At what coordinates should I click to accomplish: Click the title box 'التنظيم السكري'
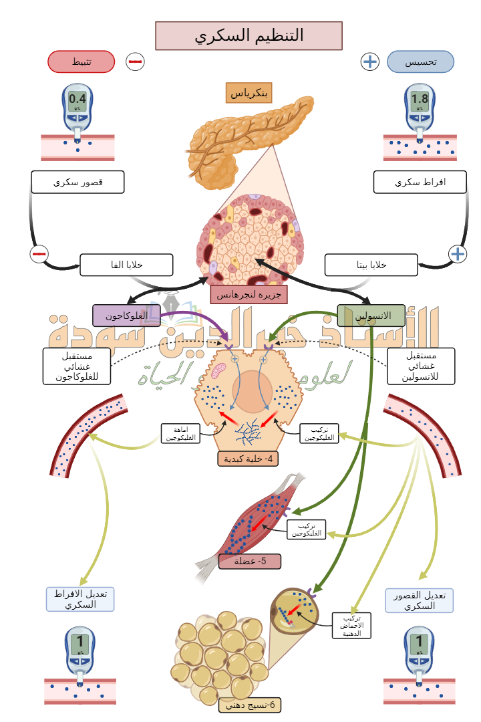click(x=249, y=36)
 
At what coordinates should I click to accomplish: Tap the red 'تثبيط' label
click(x=81, y=62)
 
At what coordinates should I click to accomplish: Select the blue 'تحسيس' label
click(x=421, y=62)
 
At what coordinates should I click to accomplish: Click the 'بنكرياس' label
click(x=249, y=93)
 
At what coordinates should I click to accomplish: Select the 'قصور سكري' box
click(x=77, y=182)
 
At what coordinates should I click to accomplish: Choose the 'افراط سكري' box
click(x=420, y=182)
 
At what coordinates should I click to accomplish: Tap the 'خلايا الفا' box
click(x=126, y=265)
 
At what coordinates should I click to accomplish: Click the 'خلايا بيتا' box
click(x=371, y=265)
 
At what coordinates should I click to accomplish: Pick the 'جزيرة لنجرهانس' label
click(x=249, y=294)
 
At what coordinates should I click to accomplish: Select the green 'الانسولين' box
click(x=371, y=316)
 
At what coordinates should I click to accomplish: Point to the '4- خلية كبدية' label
click(x=248, y=459)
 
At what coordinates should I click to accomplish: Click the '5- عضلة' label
click(x=250, y=561)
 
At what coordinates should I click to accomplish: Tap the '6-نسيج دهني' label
click(x=250, y=705)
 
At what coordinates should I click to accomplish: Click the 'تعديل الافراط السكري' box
click(x=80, y=599)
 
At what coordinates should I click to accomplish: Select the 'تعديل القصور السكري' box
click(x=420, y=600)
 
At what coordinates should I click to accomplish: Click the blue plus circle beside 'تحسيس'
click(x=369, y=62)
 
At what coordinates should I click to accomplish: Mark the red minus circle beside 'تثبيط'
click(x=135, y=62)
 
